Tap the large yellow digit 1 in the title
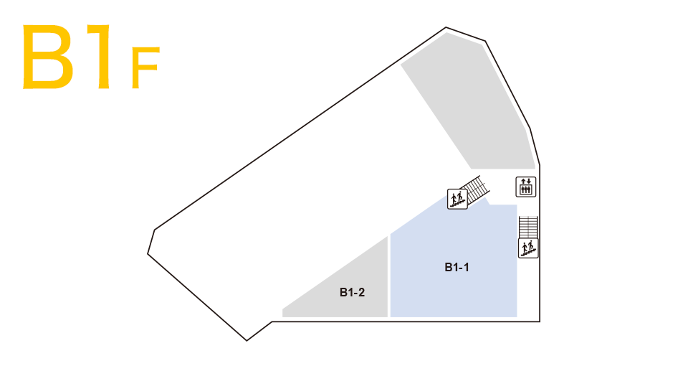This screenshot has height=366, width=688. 100,57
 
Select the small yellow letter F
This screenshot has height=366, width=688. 144,68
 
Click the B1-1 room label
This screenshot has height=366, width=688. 457,268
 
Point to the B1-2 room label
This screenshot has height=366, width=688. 353,292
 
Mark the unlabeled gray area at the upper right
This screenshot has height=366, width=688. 473,108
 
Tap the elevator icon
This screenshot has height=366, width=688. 526,187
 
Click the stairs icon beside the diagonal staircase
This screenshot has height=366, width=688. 457,199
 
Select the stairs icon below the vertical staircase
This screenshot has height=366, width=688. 528,248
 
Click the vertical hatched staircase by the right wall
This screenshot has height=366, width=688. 528,227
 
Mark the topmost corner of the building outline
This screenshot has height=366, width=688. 446,28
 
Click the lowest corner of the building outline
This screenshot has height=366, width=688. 247,340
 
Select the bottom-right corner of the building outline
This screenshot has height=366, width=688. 539,322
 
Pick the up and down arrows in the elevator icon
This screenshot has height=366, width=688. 526,181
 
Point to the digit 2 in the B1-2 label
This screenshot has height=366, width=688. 363,292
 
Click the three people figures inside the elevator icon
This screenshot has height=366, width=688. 526,190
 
